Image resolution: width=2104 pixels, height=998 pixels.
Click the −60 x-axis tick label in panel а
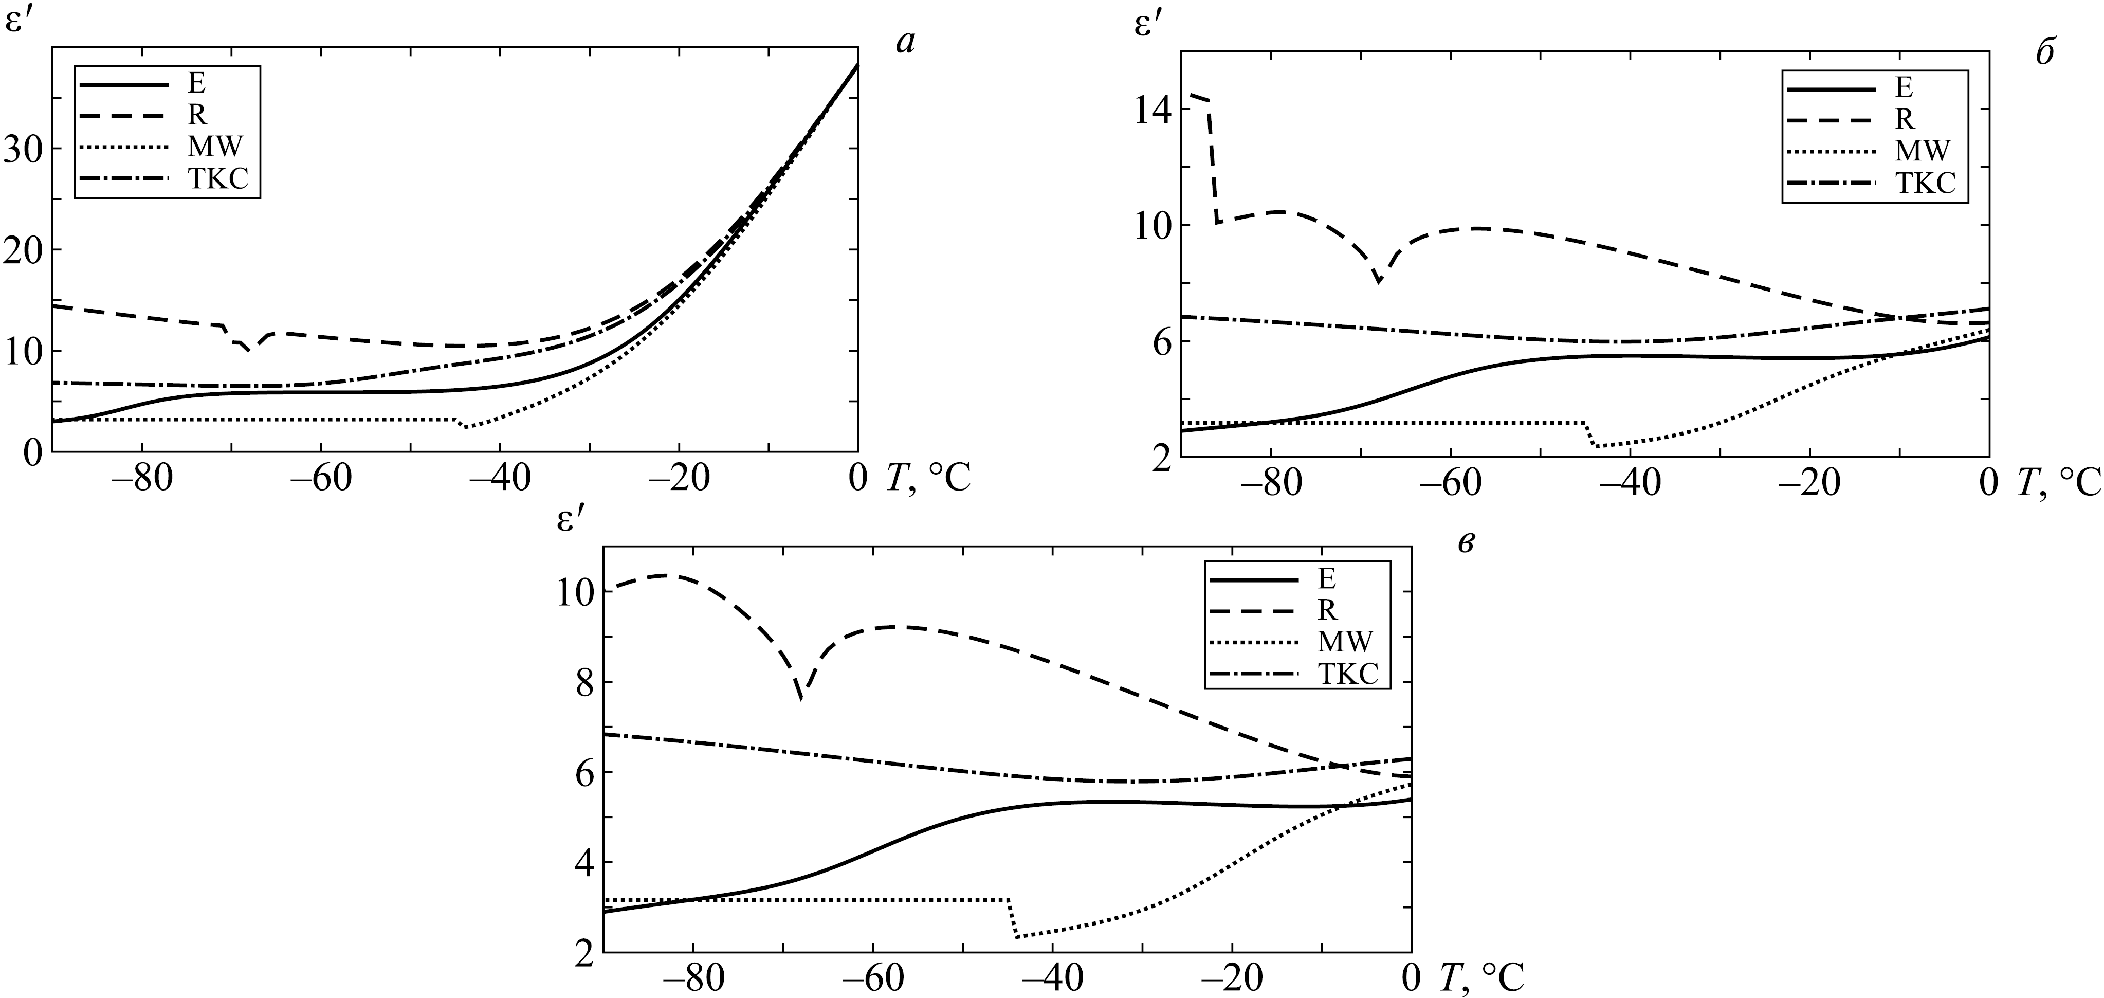tap(321, 479)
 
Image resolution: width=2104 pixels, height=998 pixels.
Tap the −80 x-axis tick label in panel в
tap(693, 979)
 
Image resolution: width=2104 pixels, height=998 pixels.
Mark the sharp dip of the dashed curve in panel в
tap(800, 698)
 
